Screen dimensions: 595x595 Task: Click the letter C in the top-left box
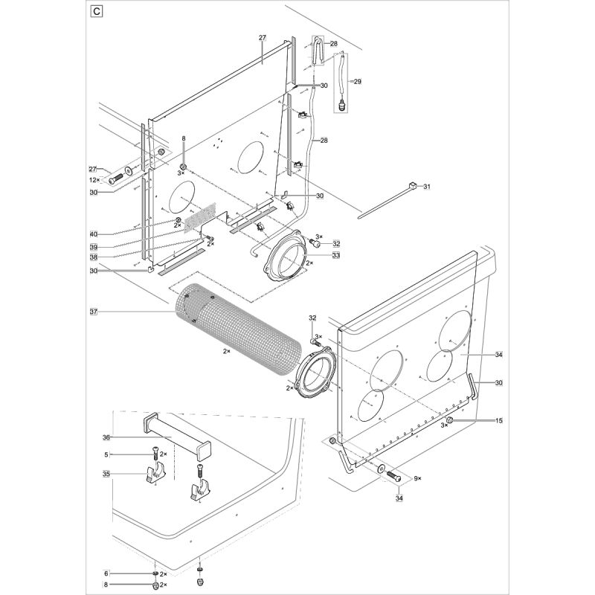pyautogui.click(x=96, y=11)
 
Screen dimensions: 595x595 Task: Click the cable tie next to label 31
pyautogui.click(x=387, y=200)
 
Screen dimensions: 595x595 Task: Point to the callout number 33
pyautogui.click(x=336, y=254)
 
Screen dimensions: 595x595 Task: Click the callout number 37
pyautogui.click(x=94, y=311)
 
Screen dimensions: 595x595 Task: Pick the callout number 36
pyautogui.click(x=106, y=437)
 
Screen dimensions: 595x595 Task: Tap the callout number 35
pyautogui.click(x=106, y=473)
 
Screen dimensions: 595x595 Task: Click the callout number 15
pyautogui.click(x=499, y=421)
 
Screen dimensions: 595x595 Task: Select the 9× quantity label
pyautogui.click(x=417, y=477)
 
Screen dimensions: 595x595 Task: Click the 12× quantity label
pyautogui.click(x=94, y=180)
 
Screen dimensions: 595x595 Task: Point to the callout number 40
pyautogui.click(x=94, y=235)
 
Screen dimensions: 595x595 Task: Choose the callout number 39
pyautogui.click(x=94, y=246)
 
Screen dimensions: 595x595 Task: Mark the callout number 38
pyautogui.click(x=94, y=257)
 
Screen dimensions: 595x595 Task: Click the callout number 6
pyautogui.click(x=106, y=573)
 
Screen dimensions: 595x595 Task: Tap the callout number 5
pyautogui.click(x=106, y=454)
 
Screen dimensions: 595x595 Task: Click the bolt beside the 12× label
pyautogui.click(x=116, y=179)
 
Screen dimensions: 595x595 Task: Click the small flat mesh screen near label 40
pyautogui.click(x=199, y=215)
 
